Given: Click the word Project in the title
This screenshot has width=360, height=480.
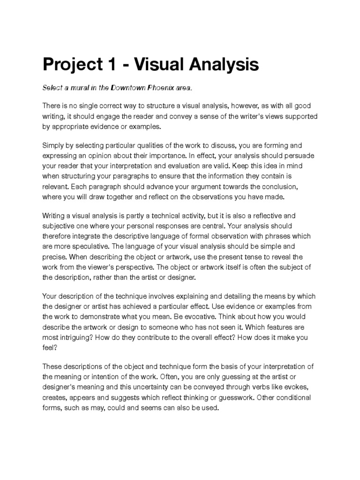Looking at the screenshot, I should (71, 64).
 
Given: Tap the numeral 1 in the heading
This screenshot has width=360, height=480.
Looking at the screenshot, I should (111, 64).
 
